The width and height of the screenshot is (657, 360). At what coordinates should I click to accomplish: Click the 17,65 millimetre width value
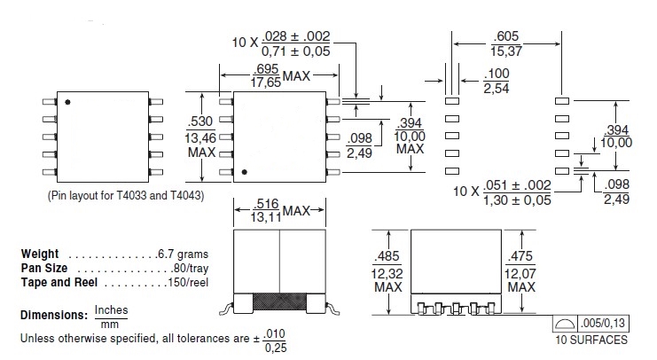[x=253, y=83]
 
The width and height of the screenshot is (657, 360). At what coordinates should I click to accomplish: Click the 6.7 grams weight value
[x=169, y=254]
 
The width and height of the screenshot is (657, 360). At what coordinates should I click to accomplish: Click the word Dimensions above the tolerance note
[x=51, y=316]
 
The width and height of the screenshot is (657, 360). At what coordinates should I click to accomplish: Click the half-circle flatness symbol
[x=565, y=324]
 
